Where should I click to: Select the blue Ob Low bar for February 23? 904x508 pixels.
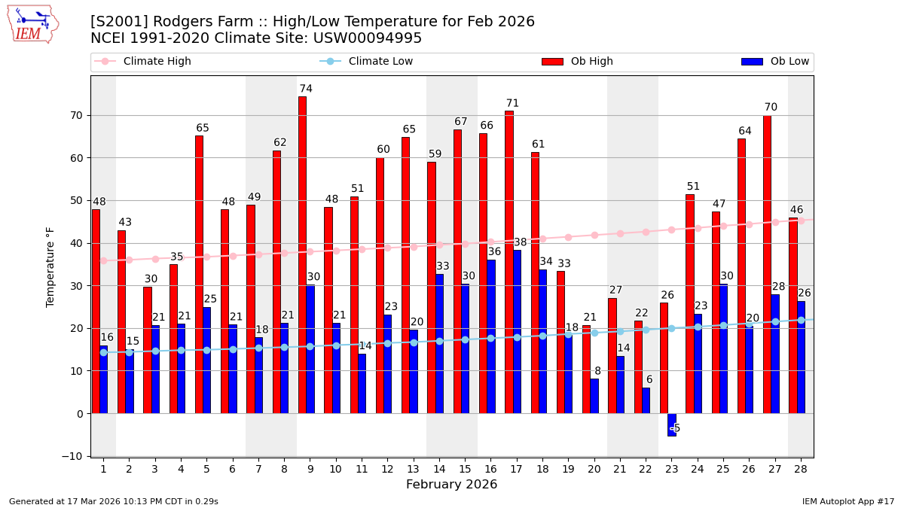(x=672, y=424)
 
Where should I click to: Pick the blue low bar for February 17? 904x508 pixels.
(x=517, y=331)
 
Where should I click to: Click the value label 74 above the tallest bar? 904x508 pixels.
(x=306, y=89)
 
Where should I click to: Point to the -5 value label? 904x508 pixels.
(x=675, y=428)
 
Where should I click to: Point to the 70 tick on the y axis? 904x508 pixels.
(x=78, y=115)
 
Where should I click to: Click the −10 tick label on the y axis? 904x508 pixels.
(x=74, y=456)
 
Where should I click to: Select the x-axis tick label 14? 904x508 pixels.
(x=439, y=469)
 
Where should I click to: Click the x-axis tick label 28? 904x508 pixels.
(x=800, y=469)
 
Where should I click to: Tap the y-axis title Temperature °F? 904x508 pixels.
(x=50, y=266)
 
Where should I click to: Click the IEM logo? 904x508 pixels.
(x=32, y=24)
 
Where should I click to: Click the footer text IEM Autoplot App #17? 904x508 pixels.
(x=848, y=501)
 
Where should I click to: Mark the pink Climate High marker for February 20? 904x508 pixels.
(x=594, y=235)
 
